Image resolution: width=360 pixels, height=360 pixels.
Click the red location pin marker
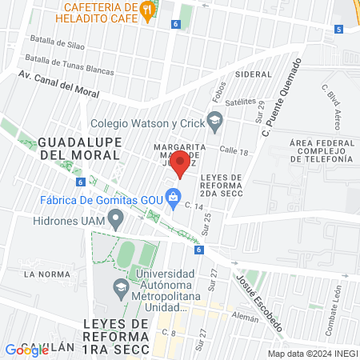[181, 164]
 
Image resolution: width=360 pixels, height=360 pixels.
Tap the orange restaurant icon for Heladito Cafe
[146, 10]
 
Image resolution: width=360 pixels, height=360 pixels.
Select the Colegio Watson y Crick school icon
[214, 122]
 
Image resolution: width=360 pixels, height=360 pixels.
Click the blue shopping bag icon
[172, 195]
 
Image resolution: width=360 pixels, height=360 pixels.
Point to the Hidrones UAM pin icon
[116, 217]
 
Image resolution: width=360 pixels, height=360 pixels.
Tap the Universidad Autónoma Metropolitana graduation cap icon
[120, 286]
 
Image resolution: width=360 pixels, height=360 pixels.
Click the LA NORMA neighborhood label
[42, 274]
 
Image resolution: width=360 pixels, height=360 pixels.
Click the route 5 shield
[338, 30]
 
